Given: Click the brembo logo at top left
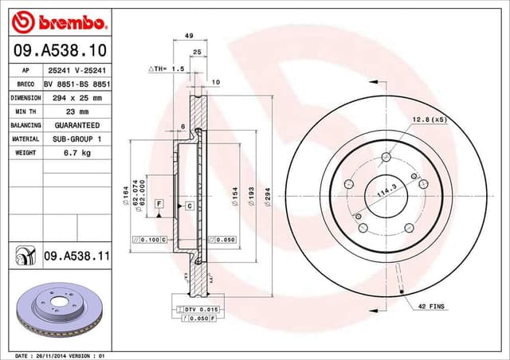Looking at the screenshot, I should tap(57, 20).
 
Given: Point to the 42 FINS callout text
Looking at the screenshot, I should tap(430, 305).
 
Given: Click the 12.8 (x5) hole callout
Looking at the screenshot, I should tap(428, 119).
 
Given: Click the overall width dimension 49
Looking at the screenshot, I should tap(189, 36).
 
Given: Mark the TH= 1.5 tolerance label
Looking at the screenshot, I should tap(168, 69).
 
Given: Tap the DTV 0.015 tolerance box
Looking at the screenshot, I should tap(190, 308).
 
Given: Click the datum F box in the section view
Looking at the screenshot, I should tap(159, 205).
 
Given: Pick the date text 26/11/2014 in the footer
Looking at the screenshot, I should tap(55, 354).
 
